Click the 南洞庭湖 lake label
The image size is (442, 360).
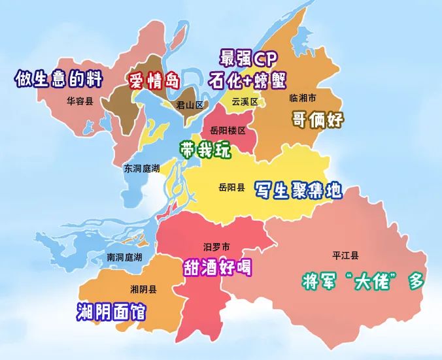125,257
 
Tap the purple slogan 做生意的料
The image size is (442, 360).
59,79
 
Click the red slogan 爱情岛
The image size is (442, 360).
154,82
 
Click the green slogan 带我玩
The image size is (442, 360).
206,150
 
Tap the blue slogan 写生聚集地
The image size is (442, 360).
297,190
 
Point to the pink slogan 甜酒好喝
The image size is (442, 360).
216,267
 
